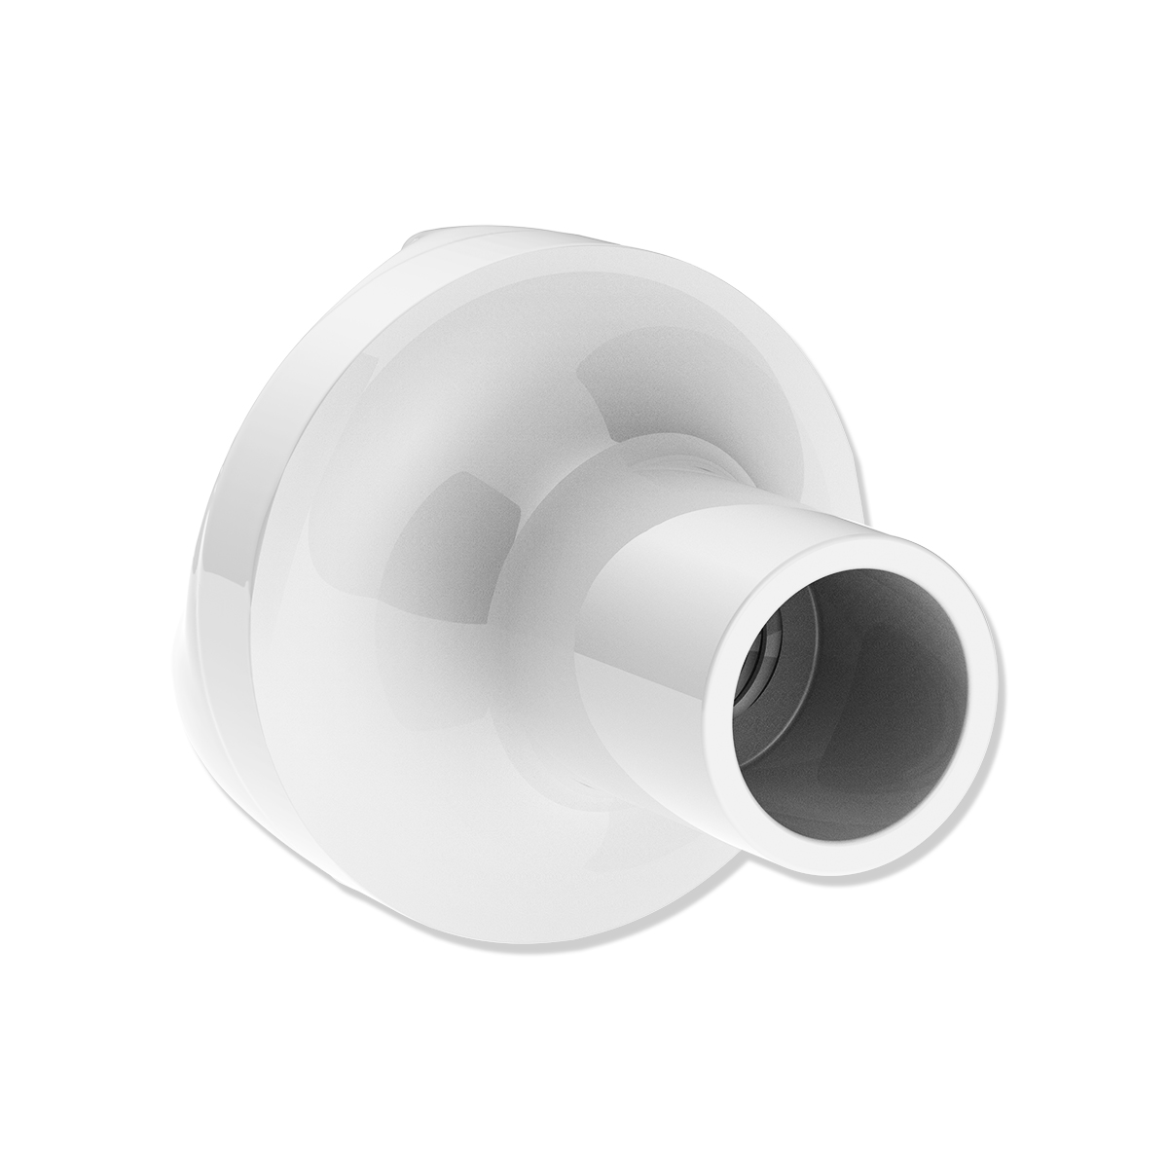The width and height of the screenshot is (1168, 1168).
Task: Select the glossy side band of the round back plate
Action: tap(224, 545)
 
